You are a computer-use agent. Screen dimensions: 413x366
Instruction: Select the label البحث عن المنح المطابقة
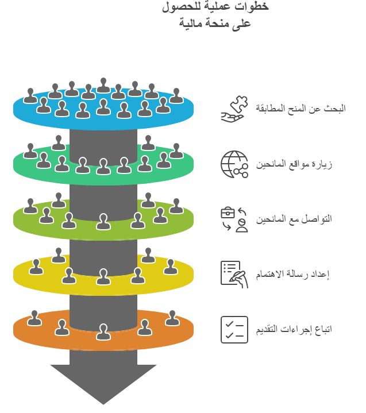tap(300, 108)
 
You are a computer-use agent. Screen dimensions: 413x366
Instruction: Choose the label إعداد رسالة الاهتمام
tap(293, 274)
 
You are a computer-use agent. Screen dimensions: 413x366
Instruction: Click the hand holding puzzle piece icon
tap(234, 109)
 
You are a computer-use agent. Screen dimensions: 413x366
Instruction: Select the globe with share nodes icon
tap(234, 164)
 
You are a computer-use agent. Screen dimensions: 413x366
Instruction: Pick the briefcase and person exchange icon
tap(234, 219)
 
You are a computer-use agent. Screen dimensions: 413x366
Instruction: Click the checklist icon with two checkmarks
tap(234, 329)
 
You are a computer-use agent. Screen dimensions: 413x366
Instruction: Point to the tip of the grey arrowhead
tap(103, 404)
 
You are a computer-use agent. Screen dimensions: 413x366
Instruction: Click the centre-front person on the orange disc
tap(103, 332)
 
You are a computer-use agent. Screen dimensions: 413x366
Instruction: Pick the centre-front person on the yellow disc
tap(103, 277)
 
